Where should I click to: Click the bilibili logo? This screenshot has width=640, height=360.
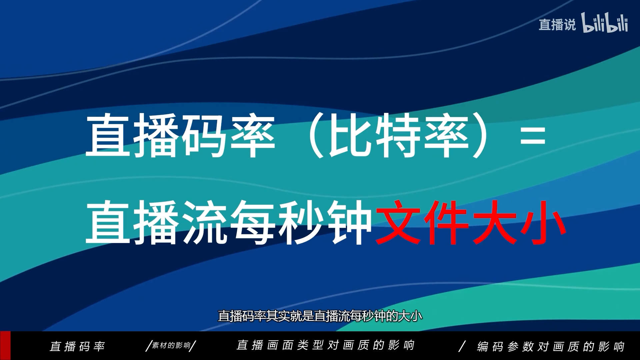point(605,23)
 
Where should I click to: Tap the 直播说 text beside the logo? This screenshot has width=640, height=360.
point(557,25)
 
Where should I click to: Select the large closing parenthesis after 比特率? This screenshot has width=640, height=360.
point(480,135)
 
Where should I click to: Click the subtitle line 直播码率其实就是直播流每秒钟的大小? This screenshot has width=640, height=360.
point(320,316)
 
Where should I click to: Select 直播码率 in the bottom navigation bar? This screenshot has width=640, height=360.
point(77,346)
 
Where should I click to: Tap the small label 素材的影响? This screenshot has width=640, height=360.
point(171,345)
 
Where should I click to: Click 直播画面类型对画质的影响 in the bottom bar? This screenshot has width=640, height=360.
point(325,345)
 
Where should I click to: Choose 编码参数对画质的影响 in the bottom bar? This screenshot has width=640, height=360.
point(551,346)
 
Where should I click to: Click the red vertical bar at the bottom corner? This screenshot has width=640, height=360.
point(5,346)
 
